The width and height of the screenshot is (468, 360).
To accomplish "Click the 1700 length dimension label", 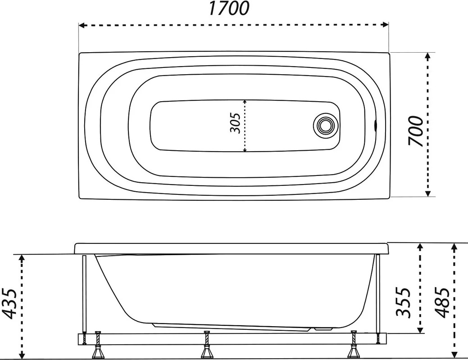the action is click(x=229, y=9).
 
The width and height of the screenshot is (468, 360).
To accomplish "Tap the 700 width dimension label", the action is click(x=416, y=131).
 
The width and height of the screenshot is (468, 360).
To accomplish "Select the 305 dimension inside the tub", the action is click(x=235, y=123).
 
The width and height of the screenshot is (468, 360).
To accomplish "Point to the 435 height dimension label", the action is click(x=10, y=304).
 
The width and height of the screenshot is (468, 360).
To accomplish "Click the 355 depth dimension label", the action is click(x=404, y=301).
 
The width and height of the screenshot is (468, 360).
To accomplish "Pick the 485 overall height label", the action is click(x=442, y=302).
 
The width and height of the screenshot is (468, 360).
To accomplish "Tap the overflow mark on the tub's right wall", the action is click(x=375, y=125).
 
